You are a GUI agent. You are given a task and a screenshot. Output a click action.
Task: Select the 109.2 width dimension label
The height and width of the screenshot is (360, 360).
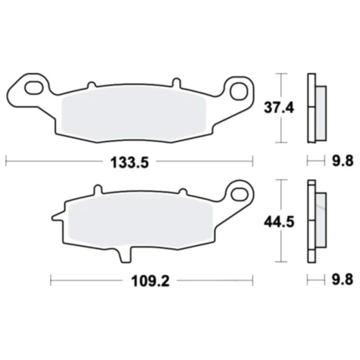click(150, 281)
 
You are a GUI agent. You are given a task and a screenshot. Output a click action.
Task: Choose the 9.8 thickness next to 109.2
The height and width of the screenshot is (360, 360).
click(343, 281)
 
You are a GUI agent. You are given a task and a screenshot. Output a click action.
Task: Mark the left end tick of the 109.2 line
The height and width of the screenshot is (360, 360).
click(52, 280)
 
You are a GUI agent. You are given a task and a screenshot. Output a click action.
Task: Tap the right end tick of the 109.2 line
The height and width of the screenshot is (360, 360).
click(253, 280)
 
